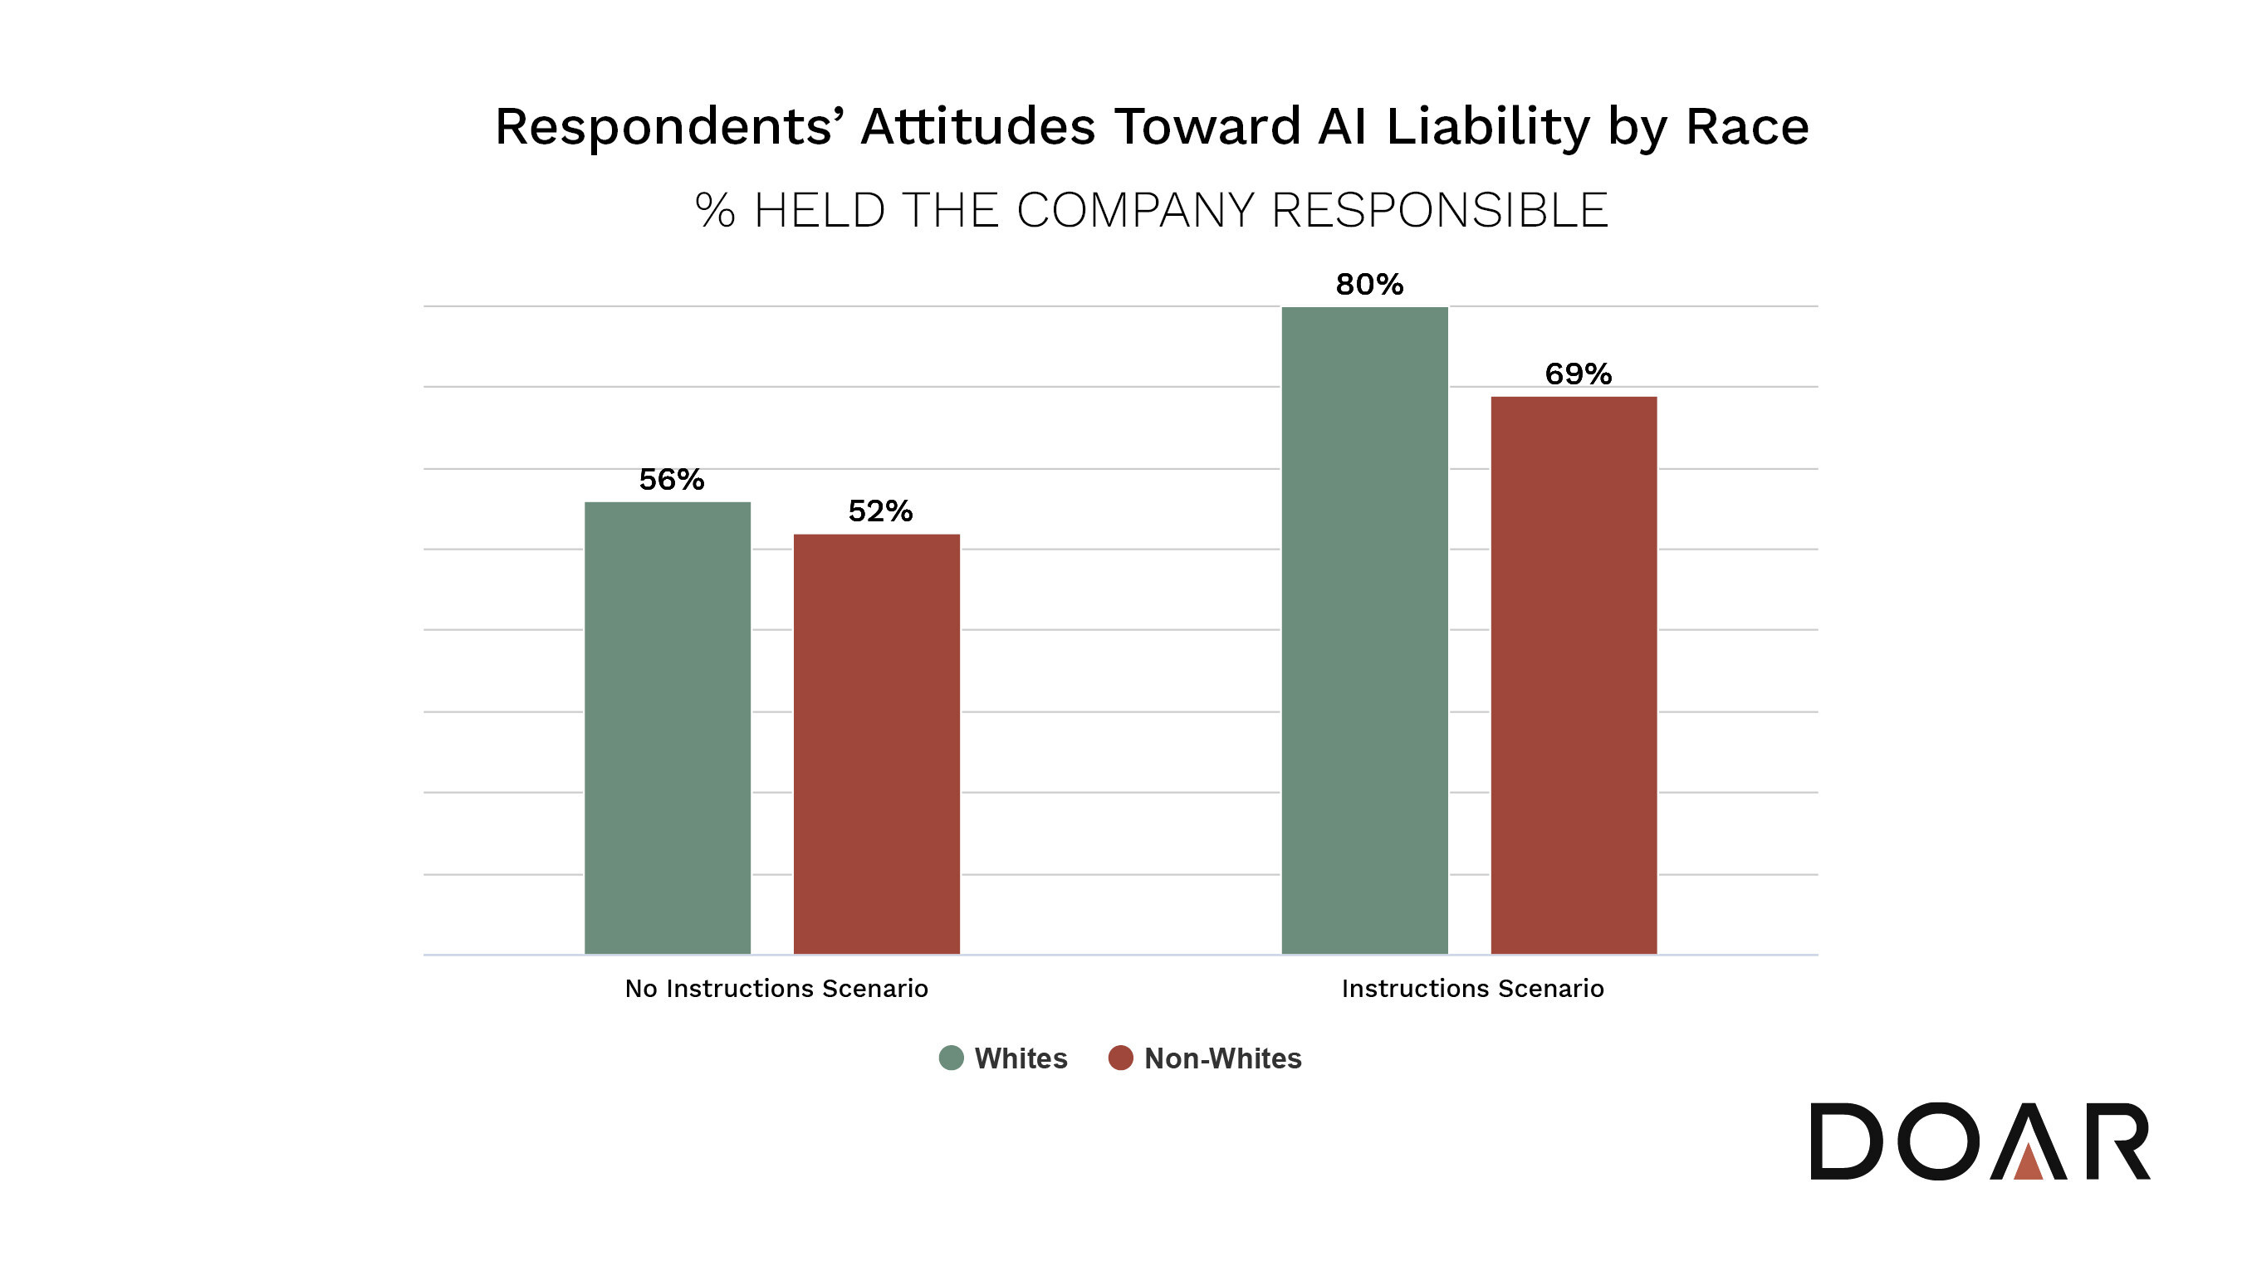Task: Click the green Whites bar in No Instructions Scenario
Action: coord(667,727)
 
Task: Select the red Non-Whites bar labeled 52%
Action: coord(876,744)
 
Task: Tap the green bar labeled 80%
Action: coord(1364,630)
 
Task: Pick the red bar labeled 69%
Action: coord(1574,675)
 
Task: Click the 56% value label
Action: coord(671,480)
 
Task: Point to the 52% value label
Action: coord(880,511)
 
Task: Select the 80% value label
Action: coord(1369,285)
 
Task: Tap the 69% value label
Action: coord(1578,374)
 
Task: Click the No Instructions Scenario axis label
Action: coord(776,989)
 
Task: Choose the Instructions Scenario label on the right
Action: coord(1472,989)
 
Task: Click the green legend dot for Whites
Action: coord(952,1058)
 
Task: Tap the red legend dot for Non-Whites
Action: coord(1120,1058)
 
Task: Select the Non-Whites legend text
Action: coord(1223,1058)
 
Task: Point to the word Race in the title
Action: coord(1747,127)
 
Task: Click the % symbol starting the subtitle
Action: coord(716,211)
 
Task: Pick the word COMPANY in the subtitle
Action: coord(1136,211)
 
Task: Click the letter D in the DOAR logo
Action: coord(1846,1141)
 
